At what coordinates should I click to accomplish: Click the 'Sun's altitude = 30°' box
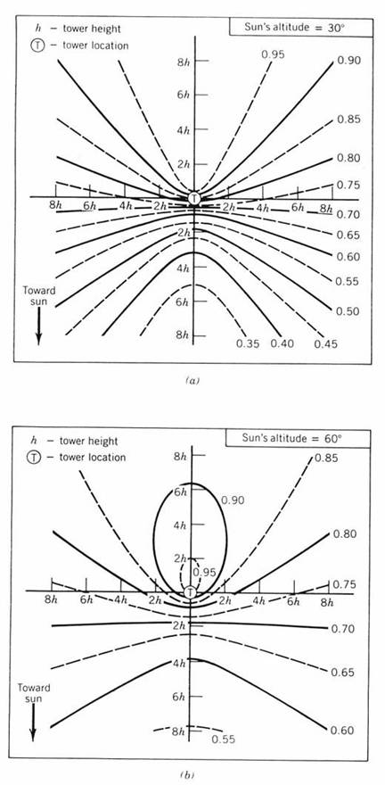[301, 27]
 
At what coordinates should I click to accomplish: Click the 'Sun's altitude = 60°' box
[298, 439]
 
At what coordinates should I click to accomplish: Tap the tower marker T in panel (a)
[194, 198]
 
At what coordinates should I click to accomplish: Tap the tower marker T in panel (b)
[190, 592]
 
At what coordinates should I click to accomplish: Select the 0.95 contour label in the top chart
[273, 54]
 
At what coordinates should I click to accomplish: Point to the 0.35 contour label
[248, 343]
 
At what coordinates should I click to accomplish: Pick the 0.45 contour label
[326, 343]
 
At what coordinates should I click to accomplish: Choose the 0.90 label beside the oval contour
[232, 500]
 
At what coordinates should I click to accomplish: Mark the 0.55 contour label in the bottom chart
[223, 739]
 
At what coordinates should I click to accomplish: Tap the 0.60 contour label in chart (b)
[343, 731]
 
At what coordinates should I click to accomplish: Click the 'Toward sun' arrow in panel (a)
[38, 326]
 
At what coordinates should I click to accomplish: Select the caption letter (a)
[192, 381]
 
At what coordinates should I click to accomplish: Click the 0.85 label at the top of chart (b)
[325, 458]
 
